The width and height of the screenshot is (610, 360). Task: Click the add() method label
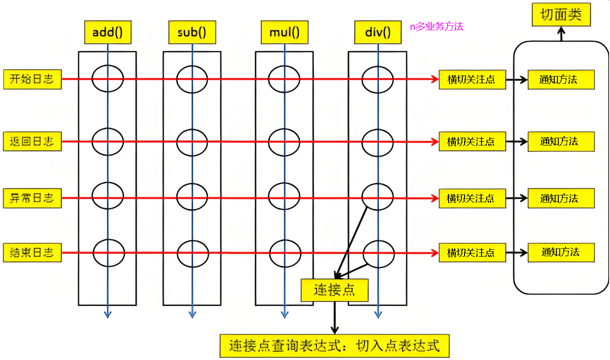pyautogui.click(x=107, y=32)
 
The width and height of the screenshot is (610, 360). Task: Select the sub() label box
pyautogui.click(x=192, y=32)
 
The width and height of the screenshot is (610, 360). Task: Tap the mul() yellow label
pyautogui.click(x=284, y=32)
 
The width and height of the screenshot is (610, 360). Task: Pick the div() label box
pyautogui.click(x=378, y=32)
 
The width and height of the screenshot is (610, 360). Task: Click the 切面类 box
pyautogui.click(x=561, y=15)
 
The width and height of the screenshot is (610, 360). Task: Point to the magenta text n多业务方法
pyautogui.click(x=436, y=27)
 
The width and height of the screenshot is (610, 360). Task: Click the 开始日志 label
pyautogui.click(x=32, y=79)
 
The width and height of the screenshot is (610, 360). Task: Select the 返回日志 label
pyautogui.click(x=32, y=141)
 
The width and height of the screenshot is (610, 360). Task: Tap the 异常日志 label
pyautogui.click(x=32, y=198)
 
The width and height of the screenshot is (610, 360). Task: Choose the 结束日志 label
pyautogui.click(x=32, y=253)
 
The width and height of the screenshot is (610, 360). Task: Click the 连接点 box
pyautogui.click(x=334, y=290)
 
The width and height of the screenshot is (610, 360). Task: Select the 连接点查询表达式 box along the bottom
pyautogui.click(x=334, y=346)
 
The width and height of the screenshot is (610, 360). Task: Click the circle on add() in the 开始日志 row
pyautogui.click(x=107, y=79)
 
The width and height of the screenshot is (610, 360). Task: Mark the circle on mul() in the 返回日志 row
pyautogui.click(x=284, y=142)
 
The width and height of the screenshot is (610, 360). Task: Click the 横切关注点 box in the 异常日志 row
pyautogui.click(x=472, y=199)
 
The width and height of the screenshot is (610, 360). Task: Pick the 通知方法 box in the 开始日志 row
pyautogui.click(x=561, y=80)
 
